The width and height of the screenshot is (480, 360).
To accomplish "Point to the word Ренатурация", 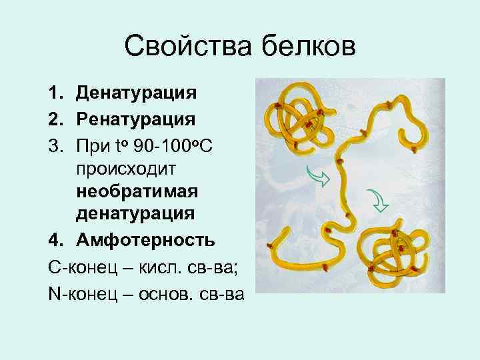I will pyautogui.click(x=135, y=120).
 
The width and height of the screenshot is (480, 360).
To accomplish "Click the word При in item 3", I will pyautogui.click(x=92, y=146).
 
